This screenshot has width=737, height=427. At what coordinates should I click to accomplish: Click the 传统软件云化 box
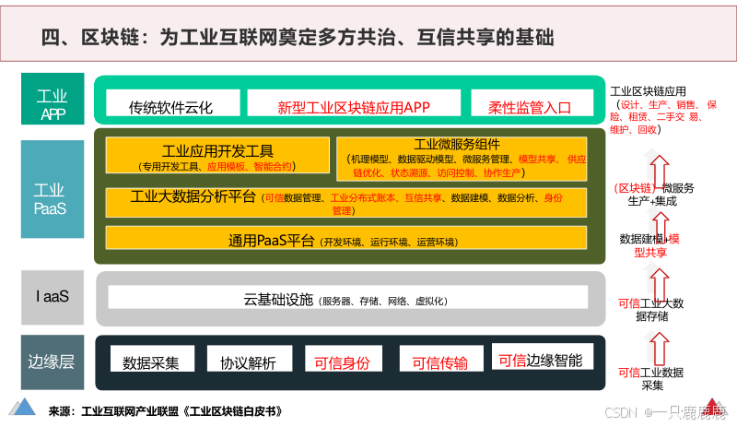[171, 106]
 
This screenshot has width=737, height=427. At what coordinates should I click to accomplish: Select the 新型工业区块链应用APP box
[355, 106]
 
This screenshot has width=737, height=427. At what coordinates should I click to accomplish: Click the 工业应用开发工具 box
[217, 156]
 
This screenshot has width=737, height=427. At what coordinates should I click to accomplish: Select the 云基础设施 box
[348, 298]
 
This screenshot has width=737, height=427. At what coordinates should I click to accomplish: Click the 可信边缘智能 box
[541, 360]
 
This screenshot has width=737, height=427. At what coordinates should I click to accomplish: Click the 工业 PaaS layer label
[53, 199]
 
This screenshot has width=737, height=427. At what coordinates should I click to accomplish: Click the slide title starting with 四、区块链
[299, 36]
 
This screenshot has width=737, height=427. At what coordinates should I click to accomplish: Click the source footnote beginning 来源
[166, 410]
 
